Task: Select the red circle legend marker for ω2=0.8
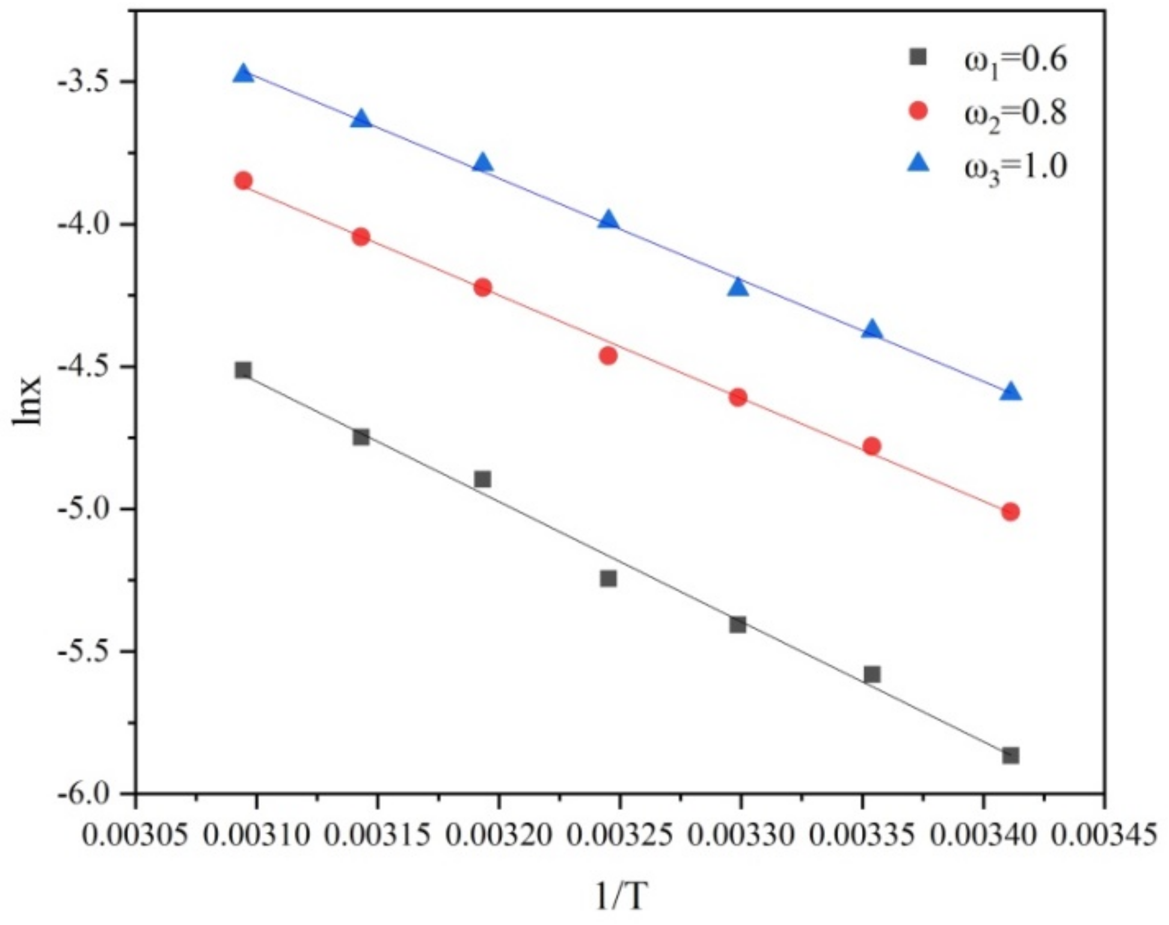coord(918,111)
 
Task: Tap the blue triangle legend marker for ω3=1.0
coord(918,163)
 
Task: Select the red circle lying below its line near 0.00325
coord(609,356)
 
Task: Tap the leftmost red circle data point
coord(243,180)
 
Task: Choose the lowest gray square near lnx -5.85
coord(1011,756)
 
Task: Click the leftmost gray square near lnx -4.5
coord(243,370)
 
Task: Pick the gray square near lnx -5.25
coord(609,578)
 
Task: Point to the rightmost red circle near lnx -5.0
coord(1011,512)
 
